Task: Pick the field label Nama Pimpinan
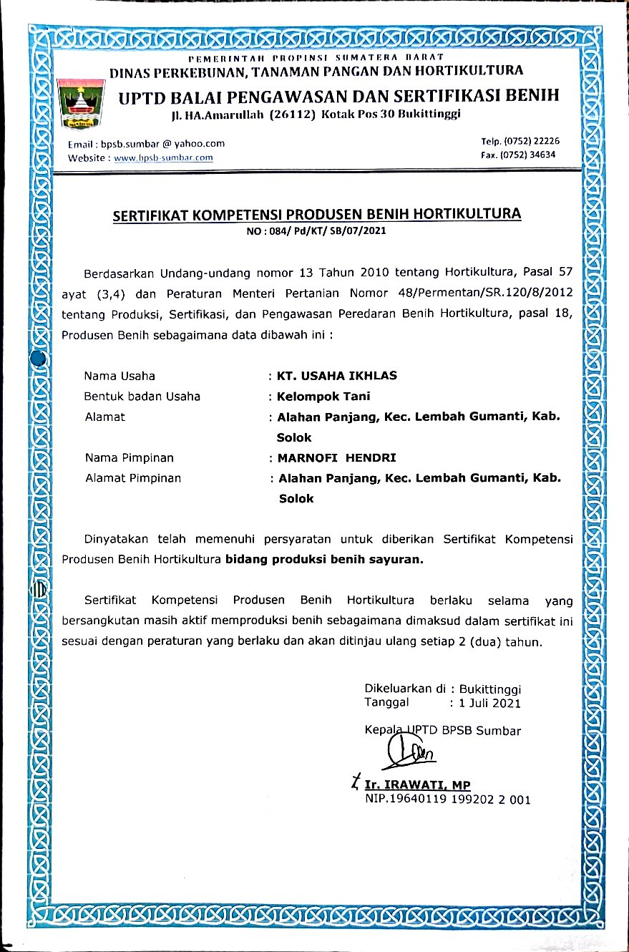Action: [129, 457]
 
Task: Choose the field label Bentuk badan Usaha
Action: [142, 396]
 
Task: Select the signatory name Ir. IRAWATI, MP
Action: [417, 785]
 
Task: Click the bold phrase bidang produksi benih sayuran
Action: [325, 560]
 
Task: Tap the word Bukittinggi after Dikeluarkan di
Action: [491, 689]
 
